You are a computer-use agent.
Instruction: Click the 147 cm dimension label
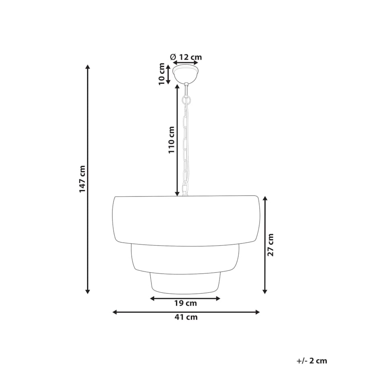(x=82, y=179)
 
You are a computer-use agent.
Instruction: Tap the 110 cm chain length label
(x=171, y=140)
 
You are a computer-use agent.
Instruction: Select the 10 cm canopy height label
(x=162, y=74)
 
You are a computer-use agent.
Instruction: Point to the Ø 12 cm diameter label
(x=186, y=57)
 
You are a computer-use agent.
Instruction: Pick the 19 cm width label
(x=185, y=304)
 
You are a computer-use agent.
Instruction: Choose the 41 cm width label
(x=186, y=317)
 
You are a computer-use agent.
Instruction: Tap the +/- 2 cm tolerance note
(x=312, y=361)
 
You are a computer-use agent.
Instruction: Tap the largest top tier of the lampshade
(x=185, y=220)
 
